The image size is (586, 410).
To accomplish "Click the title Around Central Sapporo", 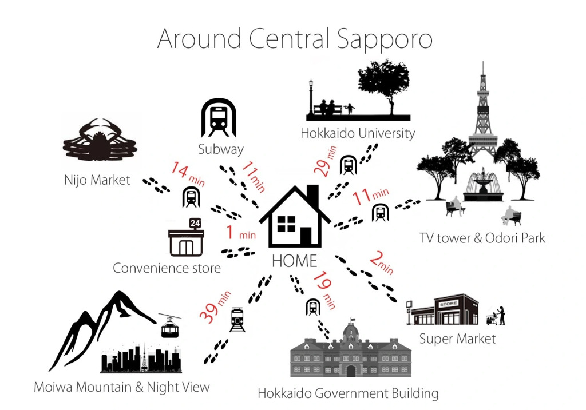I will [x=294, y=38].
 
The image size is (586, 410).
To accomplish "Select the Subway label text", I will [x=221, y=150].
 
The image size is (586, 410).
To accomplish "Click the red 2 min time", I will [x=381, y=262].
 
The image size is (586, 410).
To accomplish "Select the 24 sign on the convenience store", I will [x=195, y=223].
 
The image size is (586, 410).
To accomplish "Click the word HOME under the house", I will [x=294, y=261].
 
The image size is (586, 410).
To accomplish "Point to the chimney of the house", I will [x=312, y=196].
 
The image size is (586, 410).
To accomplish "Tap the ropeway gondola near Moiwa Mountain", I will [x=171, y=327].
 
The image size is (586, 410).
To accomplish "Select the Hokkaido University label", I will [x=358, y=134].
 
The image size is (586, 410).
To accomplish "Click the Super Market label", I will [x=457, y=339].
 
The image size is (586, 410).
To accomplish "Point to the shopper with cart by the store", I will [x=497, y=315].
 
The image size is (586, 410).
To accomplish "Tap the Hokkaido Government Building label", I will [x=348, y=393].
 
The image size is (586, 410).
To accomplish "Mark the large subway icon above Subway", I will [x=219, y=118].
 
